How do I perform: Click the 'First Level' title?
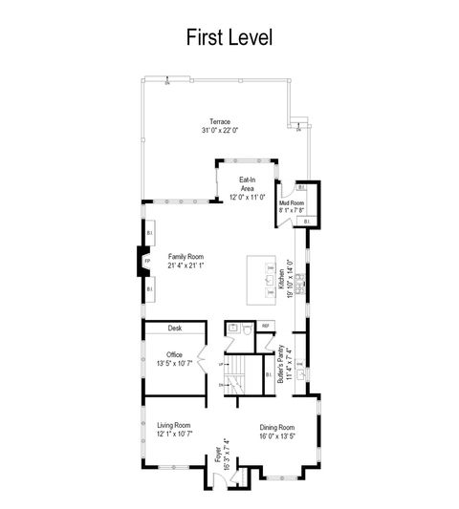[229, 38]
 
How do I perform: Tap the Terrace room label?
[220, 122]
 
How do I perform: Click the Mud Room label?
[292, 202]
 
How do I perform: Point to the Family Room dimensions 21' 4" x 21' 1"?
[187, 265]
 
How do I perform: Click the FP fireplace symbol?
[147, 261]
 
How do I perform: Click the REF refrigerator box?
[267, 327]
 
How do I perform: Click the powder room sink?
[232, 328]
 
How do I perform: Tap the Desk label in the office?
[175, 328]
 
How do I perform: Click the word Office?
[174, 354]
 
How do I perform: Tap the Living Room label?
[174, 425]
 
